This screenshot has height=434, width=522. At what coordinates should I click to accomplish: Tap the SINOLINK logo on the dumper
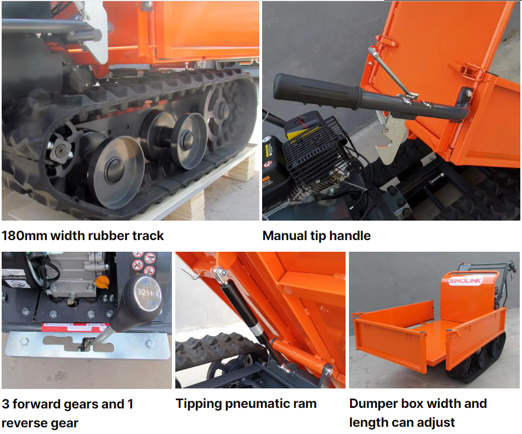465,281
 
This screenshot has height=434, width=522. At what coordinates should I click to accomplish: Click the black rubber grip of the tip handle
317,91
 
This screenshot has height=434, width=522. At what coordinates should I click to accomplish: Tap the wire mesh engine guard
316,152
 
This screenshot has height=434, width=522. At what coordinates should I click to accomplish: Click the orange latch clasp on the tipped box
471,71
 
